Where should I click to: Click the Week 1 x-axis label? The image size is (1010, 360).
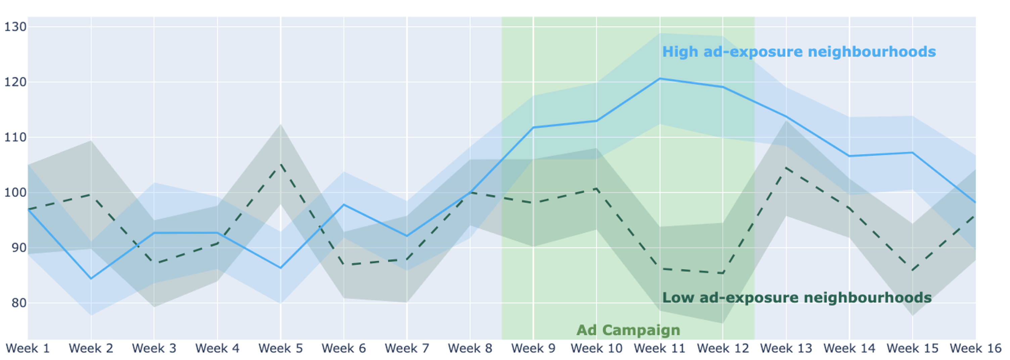28,348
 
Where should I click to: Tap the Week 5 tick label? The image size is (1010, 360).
280,348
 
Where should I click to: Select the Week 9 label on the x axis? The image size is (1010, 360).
533,348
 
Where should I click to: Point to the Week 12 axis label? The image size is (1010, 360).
723,348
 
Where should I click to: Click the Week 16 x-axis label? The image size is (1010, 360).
975,348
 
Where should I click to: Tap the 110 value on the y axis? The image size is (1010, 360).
15,137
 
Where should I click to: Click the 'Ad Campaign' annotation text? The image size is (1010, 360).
628,330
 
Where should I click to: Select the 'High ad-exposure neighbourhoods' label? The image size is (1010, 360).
799,52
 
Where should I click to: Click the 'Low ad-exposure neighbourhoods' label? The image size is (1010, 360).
797,298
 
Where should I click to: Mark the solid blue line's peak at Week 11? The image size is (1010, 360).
660,79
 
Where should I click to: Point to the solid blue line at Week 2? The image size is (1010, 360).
91,278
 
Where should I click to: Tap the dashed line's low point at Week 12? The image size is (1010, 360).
723,273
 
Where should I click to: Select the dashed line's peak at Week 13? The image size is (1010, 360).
786,168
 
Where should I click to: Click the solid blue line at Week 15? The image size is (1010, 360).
913,152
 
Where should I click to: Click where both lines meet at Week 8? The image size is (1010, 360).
470,192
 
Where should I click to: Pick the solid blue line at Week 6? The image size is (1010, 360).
344,204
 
